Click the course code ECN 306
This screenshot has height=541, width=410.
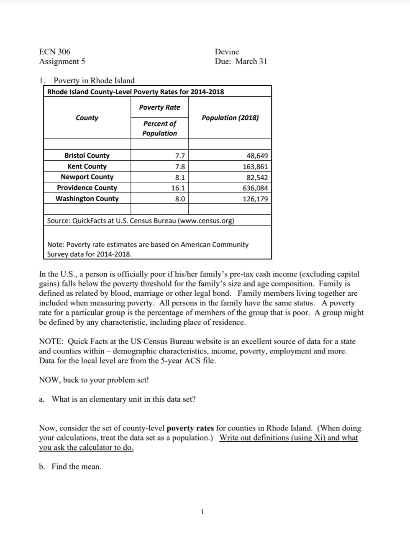[x=54, y=52]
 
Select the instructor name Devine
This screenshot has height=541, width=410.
[x=227, y=52]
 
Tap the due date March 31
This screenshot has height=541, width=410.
[x=251, y=62]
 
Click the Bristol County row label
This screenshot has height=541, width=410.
[x=87, y=156]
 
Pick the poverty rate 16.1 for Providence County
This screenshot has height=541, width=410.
[x=178, y=188]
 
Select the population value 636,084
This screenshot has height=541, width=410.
[x=255, y=188]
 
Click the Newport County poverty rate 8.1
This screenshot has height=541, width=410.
[x=180, y=177]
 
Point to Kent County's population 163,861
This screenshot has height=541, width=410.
[x=255, y=167]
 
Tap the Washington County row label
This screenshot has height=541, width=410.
[x=87, y=199]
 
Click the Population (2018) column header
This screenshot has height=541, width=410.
[x=230, y=118]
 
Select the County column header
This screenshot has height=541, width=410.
[x=87, y=118]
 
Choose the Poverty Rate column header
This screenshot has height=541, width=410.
[x=159, y=108]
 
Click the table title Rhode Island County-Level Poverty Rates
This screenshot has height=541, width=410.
[x=136, y=92]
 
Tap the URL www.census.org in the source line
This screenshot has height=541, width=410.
[x=206, y=221]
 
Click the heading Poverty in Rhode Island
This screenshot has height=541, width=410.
[x=94, y=81]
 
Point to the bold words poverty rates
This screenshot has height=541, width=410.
[x=190, y=428]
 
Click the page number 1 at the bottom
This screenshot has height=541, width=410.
[x=202, y=512]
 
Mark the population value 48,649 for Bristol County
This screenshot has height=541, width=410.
[x=257, y=156]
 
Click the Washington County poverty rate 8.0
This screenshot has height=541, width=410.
[x=180, y=199]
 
